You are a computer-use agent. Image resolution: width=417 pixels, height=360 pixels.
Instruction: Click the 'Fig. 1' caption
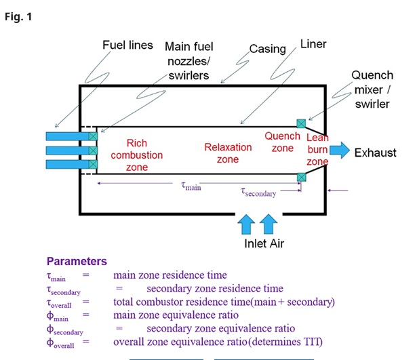[x=18, y=17]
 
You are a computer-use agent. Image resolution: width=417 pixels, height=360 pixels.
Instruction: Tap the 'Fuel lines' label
[x=127, y=45]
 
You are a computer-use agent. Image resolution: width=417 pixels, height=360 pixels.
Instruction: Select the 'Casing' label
[x=268, y=49]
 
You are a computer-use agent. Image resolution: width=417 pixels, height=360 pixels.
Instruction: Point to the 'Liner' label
[x=313, y=44]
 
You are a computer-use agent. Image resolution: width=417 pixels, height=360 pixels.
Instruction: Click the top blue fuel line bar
[x=68, y=136]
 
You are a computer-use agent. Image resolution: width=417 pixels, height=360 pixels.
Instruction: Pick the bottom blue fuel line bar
[x=68, y=164]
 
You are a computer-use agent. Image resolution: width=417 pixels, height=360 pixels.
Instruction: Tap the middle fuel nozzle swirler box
[x=93, y=151]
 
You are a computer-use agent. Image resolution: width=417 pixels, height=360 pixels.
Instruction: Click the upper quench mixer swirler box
[x=301, y=123]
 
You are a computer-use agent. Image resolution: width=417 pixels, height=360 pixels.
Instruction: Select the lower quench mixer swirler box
[x=301, y=178]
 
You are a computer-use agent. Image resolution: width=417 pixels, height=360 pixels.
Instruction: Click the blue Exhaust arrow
[x=340, y=151]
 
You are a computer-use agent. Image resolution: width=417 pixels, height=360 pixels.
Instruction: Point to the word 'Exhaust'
[x=375, y=153]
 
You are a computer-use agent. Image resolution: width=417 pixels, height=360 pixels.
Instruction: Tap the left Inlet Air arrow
[x=246, y=224]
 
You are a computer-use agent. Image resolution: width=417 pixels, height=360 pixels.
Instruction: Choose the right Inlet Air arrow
[x=269, y=224]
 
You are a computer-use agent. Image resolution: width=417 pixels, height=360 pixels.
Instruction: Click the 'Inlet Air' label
[x=264, y=243]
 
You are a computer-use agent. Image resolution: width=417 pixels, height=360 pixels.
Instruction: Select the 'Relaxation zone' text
[x=228, y=153]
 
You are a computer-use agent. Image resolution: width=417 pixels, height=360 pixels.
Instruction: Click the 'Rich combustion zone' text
[x=137, y=155]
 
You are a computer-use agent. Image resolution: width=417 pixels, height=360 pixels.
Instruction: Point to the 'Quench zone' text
[x=283, y=142]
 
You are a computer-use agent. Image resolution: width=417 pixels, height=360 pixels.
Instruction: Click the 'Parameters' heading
[x=77, y=262]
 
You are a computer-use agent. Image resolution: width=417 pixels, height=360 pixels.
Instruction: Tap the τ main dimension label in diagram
[x=191, y=186]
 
